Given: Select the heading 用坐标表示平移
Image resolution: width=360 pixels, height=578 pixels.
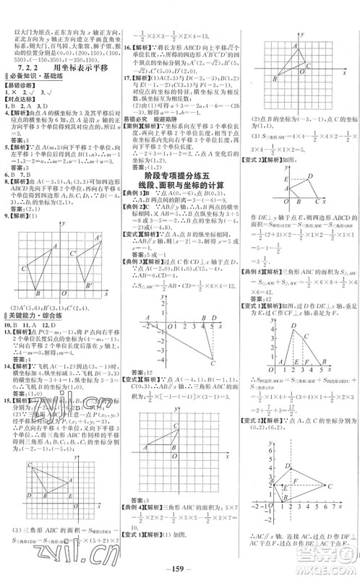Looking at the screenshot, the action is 77,65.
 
